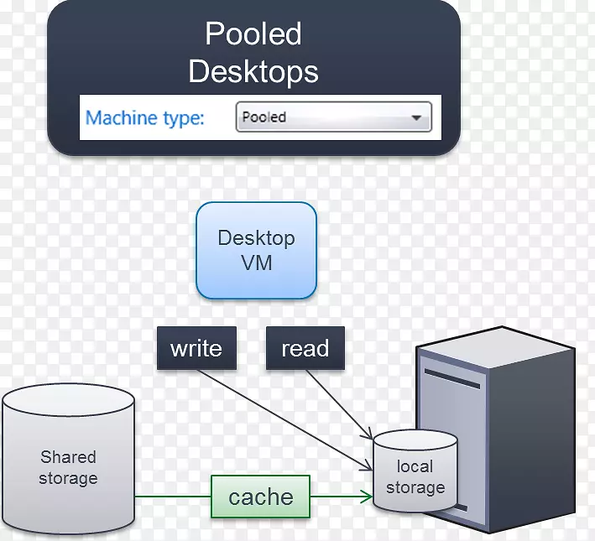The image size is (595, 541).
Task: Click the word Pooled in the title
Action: [253, 34]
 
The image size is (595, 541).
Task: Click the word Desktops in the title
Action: [253, 71]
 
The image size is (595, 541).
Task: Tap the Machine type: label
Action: [145, 117]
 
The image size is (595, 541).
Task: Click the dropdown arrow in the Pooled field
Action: [416, 118]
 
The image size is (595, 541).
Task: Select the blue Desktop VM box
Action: [256, 250]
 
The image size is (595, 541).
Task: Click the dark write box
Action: [196, 348]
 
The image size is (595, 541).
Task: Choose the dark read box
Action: [305, 348]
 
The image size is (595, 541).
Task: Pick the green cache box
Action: [260, 497]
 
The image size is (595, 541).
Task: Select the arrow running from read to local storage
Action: [340, 403]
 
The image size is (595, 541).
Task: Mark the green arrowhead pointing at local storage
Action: [366, 497]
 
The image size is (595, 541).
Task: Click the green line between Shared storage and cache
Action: [172, 497]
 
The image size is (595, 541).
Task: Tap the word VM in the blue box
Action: [256, 263]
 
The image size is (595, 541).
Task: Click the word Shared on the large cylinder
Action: [68, 457]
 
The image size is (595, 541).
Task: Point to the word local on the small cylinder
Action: [415, 466]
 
